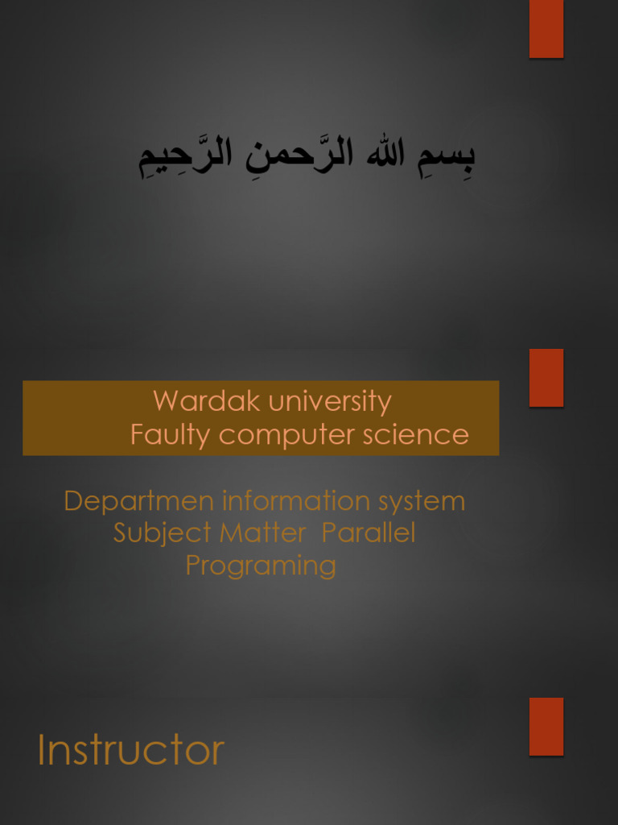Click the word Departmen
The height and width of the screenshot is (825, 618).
138,501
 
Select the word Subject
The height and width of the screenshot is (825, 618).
162,533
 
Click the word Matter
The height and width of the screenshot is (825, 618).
263,533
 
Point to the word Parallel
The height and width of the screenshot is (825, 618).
369,533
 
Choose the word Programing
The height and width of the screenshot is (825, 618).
261,566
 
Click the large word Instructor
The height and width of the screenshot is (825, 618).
131,750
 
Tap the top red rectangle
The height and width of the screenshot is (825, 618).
546,28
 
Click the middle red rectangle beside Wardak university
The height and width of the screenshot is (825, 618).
546,377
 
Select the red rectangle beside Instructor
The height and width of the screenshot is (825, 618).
546,726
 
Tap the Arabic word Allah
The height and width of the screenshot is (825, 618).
385,153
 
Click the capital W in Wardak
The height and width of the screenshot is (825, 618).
166,401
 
